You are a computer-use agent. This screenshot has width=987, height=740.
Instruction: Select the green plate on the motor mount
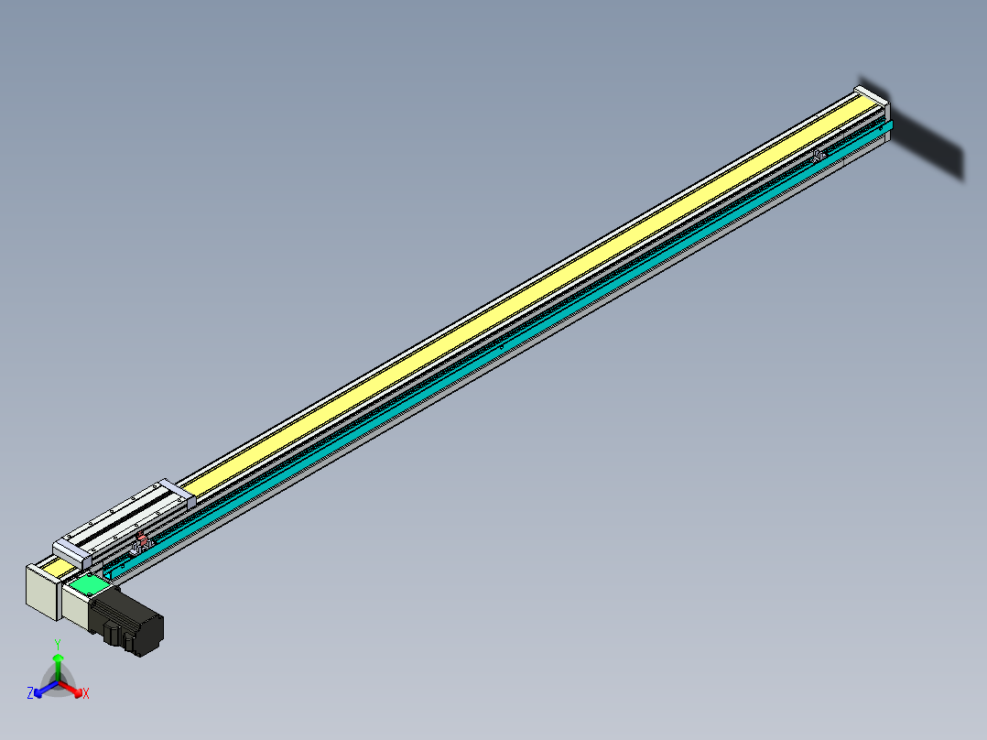point(89,584)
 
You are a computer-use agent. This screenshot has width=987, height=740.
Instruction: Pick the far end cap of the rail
point(872,96)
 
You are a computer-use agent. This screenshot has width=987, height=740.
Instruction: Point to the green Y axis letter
point(58,645)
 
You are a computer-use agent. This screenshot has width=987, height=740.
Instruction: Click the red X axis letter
point(86,694)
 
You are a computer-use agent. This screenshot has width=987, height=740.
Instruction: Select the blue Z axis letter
point(30,693)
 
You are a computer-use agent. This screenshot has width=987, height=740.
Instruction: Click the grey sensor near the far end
point(818,155)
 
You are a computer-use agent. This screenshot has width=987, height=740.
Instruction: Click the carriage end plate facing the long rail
point(178,493)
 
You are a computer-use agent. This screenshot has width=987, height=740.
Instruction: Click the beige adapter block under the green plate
point(78,603)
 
